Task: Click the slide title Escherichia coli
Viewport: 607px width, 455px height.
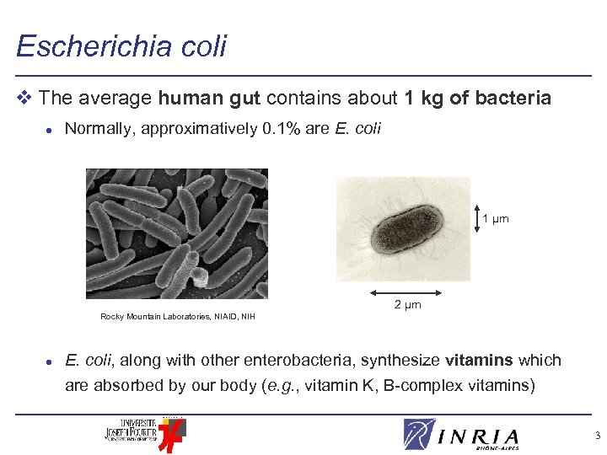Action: pyautogui.click(x=121, y=45)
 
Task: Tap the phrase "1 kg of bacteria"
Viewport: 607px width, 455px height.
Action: pyautogui.click(x=477, y=99)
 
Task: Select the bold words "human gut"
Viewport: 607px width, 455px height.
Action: pyautogui.click(x=210, y=99)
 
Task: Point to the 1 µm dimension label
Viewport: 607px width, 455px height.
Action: pyautogui.click(x=496, y=219)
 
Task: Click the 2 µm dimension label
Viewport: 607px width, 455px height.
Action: pyautogui.click(x=407, y=304)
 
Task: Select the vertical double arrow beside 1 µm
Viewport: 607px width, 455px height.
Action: pyautogui.click(x=476, y=219)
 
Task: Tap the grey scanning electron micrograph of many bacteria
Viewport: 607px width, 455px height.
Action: pyautogui.click(x=177, y=233)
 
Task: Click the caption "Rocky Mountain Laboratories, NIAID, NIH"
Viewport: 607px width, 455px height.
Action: pyautogui.click(x=177, y=317)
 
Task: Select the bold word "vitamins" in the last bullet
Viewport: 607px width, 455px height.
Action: pyautogui.click(x=479, y=361)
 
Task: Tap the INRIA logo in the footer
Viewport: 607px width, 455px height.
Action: pyautogui.click(x=460, y=435)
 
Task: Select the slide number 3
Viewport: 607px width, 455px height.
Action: pyautogui.click(x=597, y=436)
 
